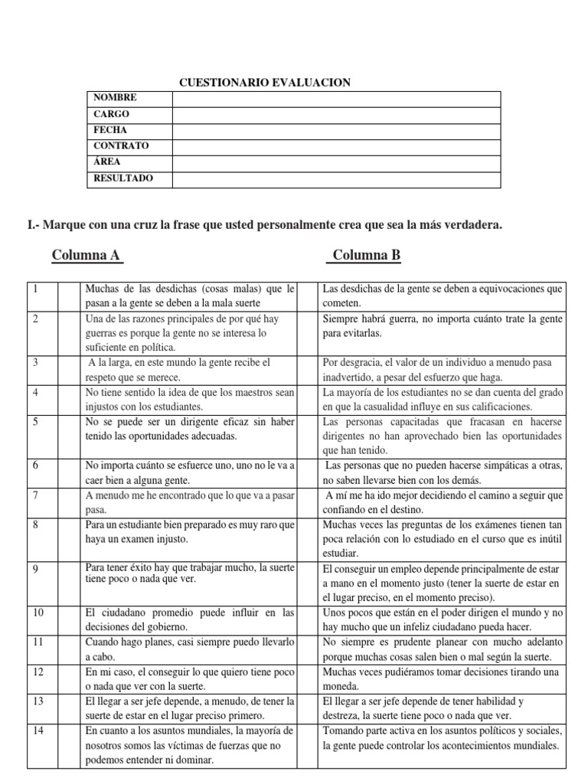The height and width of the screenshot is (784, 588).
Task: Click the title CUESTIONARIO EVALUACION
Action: pyautogui.click(x=264, y=82)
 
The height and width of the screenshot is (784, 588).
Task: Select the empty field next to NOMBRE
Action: pyautogui.click(x=336, y=99)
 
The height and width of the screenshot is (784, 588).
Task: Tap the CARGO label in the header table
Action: pyautogui.click(x=111, y=114)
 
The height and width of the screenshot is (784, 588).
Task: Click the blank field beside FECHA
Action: pyautogui.click(x=336, y=131)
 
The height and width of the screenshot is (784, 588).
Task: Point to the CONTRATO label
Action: pyautogui.click(x=121, y=146)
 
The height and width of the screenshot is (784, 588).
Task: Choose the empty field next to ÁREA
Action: pyautogui.click(x=336, y=163)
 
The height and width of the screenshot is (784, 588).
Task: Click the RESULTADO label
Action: pyautogui.click(x=122, y=178)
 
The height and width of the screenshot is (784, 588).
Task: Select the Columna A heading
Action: pyautogui.click(x=87, y=255)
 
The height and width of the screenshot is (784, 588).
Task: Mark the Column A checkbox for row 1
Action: pyautogui.click(x=69, y=296)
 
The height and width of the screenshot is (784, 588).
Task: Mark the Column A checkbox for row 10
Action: pyautogui.click(x=69, y=619)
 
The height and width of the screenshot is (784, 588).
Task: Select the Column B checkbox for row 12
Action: pyautogui.click(x=308, y=679)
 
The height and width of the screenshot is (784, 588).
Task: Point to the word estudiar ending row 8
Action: pyautogui.click(x=341, y=553)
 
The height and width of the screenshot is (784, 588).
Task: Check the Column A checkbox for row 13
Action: pyautogui.click(x=69, y=709)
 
